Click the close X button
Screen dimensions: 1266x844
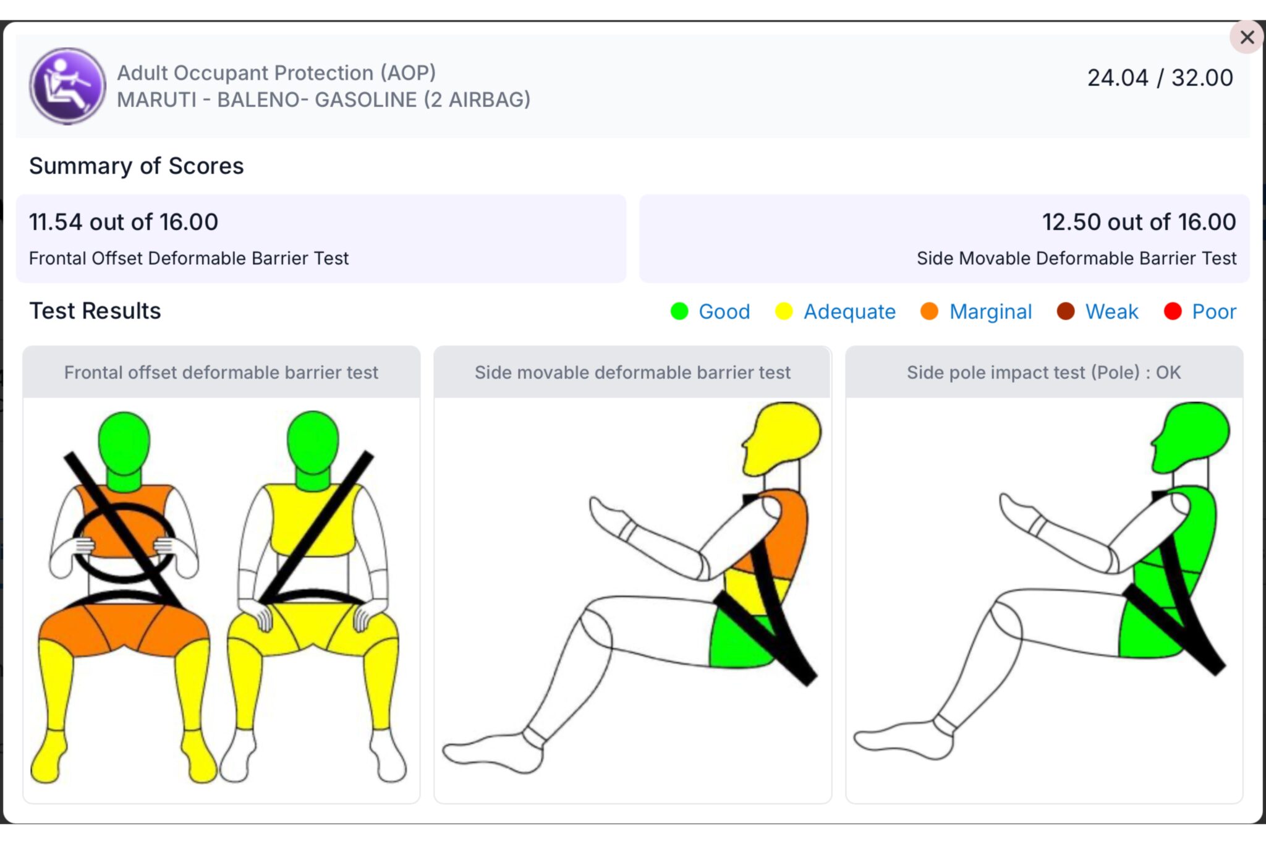(x=1247, y=37)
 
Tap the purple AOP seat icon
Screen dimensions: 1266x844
(x=67, y=86)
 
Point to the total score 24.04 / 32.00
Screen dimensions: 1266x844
(x=1160, y=78)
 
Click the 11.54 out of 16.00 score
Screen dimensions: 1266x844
(x=124, y=222)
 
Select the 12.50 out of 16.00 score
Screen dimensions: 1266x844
(x=1139, y=222)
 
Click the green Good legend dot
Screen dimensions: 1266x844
(x=679, y=311)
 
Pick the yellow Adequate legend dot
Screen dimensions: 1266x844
(x=784, y=311)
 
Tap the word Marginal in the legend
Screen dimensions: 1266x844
(x=990, y=312)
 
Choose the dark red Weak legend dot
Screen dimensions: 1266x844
(x=1066, y=311)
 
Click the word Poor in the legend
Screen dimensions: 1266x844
(x=1214, y=312)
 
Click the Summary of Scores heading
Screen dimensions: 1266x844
(x=137, y=166)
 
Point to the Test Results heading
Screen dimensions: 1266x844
(x=95, y=310)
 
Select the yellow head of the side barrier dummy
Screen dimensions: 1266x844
(x=783, y=438)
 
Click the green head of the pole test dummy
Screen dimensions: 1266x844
(x=1192, y=437)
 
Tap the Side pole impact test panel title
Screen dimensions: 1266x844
(x=1043, y=372)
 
